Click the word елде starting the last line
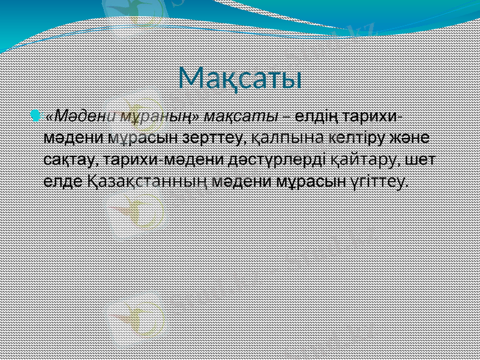(62, 181)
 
